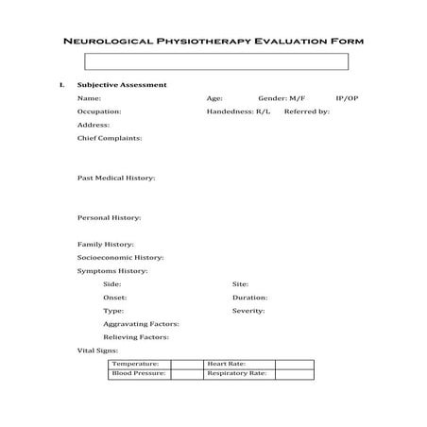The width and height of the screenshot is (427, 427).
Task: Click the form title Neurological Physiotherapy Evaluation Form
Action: tap(213, 42)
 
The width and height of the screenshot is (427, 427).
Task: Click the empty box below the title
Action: tap(216, 61)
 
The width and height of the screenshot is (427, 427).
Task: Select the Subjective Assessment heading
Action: tap(122, 85)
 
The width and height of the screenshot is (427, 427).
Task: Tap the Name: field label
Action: tap(89, 98)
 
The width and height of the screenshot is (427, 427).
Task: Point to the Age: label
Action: tap(214, 98)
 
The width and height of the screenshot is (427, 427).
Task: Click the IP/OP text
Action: tap(347, 98)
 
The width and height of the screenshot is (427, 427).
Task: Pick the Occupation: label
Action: tap(98, 111)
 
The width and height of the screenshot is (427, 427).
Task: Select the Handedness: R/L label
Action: tap(238, 111)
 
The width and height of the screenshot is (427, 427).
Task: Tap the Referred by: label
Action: tap(306, 111)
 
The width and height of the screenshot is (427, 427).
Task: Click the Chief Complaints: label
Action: tap(110, 138)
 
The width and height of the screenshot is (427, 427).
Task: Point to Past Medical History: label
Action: tap(116, 178)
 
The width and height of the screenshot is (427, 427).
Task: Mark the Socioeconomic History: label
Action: tap(120, 257)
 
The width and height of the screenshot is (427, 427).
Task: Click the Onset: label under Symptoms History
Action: tap(115, 297)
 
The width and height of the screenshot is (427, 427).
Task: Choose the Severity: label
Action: tap(248, 310)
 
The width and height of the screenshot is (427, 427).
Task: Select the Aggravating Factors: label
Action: tap(141, 323)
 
